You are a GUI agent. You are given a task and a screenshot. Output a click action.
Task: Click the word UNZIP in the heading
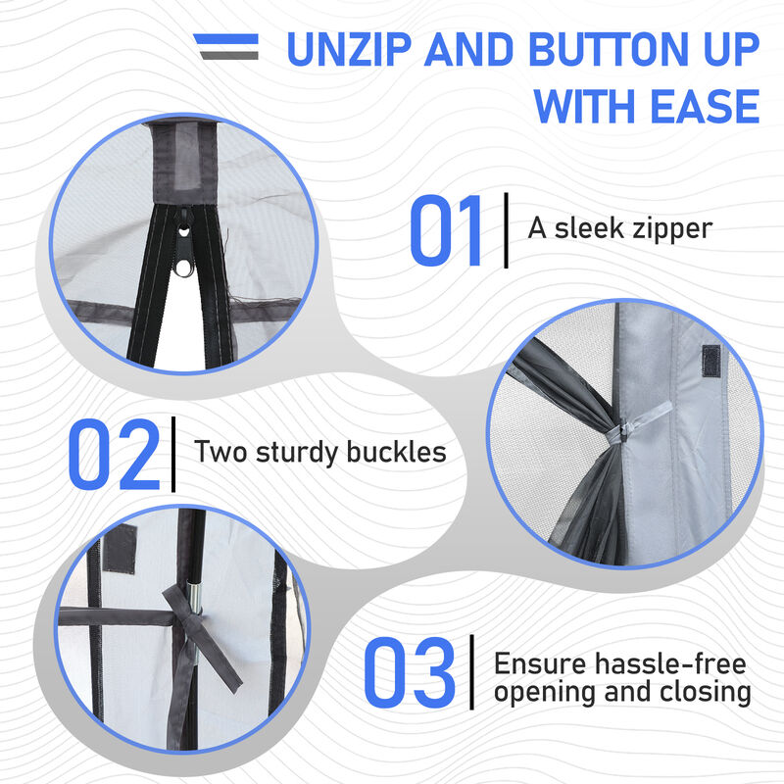pyautogui.click(x=349, y=49)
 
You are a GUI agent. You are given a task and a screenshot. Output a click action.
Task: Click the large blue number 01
pyautogui.click(x=445, y=230)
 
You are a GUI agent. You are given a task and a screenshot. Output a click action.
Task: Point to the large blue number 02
pyautogui.click(x=114, y=454)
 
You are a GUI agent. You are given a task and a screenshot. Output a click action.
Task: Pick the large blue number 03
pyautogui.click(x=410, y=672)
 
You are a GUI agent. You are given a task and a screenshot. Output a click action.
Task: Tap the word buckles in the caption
pyautogui.click(x=396, y=452)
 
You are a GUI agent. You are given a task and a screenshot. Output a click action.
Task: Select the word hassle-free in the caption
pyautogui.click(x=670, y=664)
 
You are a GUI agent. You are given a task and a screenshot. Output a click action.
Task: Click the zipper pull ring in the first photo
pyautogui.click(x=183, y=269)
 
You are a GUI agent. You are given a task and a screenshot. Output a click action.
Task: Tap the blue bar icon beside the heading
pyautogui.click(x=226, y=39)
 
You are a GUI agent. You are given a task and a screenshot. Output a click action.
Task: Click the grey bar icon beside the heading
pyautogui.click(x=230, y=55)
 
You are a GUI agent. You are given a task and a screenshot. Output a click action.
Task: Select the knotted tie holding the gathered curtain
pyautogui.click(x=625, y=431)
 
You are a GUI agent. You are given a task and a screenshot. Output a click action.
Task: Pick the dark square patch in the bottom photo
pyautogui.click(x=120, y=549)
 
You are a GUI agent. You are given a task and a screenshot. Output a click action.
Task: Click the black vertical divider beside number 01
pyautogui.click(x=506, y=230)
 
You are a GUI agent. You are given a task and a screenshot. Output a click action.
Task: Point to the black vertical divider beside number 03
pyautogui.click(x=472, y=672)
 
